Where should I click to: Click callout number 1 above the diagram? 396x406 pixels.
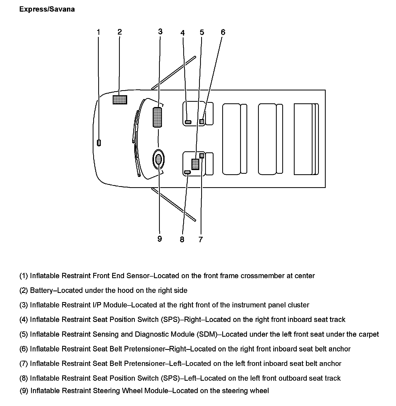(x=98, y=32)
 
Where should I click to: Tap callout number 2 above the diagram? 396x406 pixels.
(x=120, y=32)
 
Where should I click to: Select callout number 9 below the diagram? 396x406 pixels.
(x=160, y=239)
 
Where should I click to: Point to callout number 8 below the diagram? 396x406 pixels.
(x=182, y=239)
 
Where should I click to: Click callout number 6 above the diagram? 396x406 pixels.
(x=223, y=32)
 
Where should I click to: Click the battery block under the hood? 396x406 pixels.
(x=120, y=100)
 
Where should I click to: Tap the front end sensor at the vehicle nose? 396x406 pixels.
(x=99, y=143)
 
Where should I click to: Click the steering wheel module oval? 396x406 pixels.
(x=159, y=159)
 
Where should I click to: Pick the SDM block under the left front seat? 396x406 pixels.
(x=195, y=164)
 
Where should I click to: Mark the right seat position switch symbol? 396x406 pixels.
(x=188, y=122)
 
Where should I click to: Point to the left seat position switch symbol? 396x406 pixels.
(x=187, y=172)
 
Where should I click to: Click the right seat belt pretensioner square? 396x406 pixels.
(x=202, y=122)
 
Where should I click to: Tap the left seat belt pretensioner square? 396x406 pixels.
(x=202, y=156)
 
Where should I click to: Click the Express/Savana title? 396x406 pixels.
(x=47, y=9)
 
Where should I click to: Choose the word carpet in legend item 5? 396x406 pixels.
(x=369, y=334)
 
